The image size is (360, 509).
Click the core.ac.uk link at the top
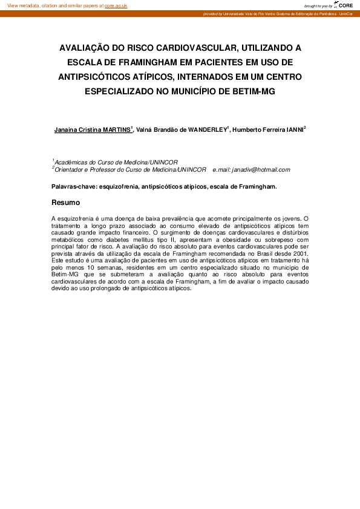click(116, 5)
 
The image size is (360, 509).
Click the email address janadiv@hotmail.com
click(260, 170)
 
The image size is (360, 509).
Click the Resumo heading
click(66, 203)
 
